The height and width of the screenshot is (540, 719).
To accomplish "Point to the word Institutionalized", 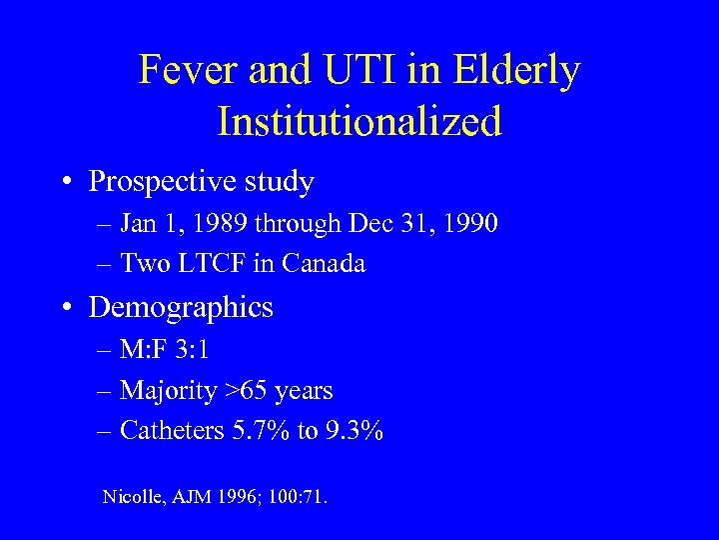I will (x=359, y=122).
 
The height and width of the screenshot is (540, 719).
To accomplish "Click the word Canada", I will (x=325, y=263).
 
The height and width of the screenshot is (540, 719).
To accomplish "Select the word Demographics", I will (x=181, y=307).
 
